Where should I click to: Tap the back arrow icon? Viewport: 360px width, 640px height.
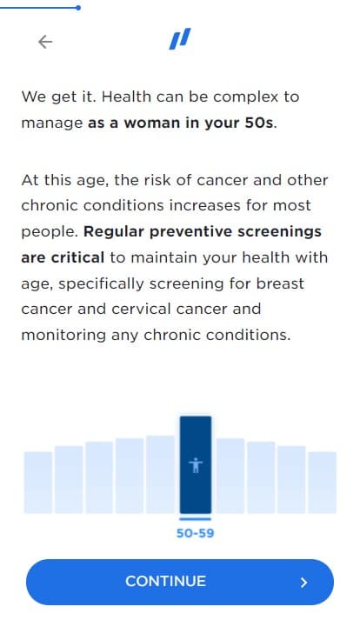(45, 42)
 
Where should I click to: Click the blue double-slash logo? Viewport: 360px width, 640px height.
(180, 39)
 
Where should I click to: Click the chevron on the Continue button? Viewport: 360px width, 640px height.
(303, 583)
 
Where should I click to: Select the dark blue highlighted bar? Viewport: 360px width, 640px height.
(196, 464)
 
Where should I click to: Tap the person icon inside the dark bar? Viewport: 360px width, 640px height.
(196, 465)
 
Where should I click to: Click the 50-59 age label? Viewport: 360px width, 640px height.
(195, 533)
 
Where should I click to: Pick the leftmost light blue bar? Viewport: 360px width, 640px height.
(38, 483)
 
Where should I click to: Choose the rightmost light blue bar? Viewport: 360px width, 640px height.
(322, 483)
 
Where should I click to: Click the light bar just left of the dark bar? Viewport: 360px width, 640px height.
(160, 474)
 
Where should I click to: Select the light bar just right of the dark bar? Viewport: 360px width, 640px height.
(230, 476)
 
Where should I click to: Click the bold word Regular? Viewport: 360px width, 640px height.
(113, 232)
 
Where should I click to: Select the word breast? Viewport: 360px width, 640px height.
(280, 283)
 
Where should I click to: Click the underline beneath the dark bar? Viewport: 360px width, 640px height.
(196, 519)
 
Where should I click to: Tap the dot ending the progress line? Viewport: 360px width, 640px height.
(78, 8)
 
